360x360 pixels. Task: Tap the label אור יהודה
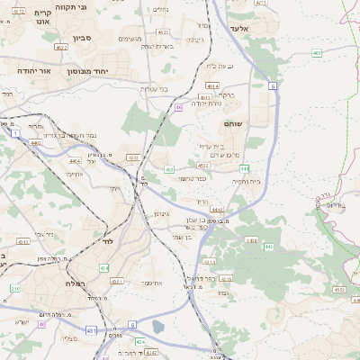click(32, 68)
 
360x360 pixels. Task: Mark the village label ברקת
click(227, 94)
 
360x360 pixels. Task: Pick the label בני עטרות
click(157, 89)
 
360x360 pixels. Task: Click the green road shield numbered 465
click(317, 53)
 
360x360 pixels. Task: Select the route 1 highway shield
click(15, 133)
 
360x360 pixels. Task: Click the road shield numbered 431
click(90, 330)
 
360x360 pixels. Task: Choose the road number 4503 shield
click(132, 157)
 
